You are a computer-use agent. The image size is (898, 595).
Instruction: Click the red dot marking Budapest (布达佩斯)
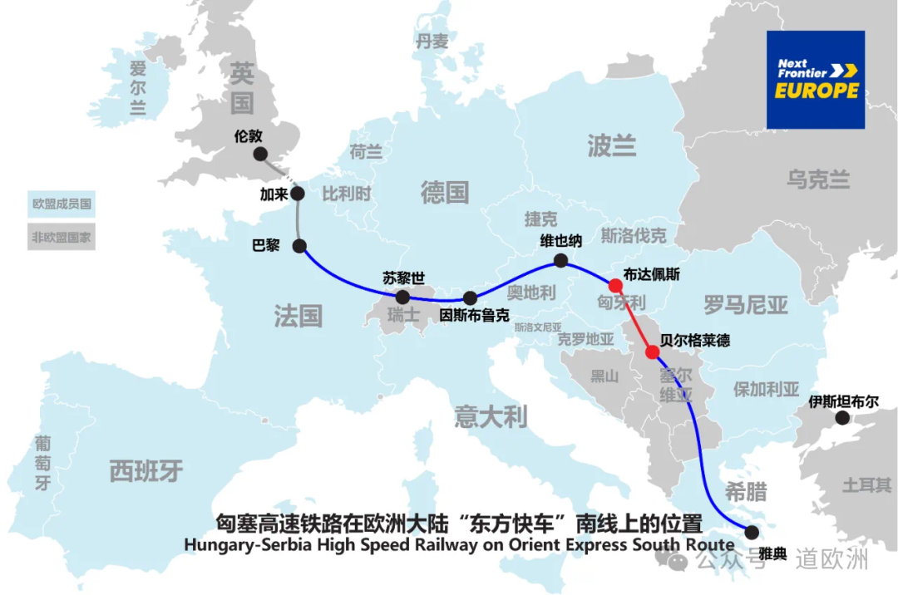(x=615, y=285)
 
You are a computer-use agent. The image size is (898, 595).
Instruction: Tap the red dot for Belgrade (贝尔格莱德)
(x=653, y=352)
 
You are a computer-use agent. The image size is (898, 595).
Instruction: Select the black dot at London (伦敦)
(x=260, y=154)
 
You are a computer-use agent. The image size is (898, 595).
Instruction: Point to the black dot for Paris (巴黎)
(x=299, y=246)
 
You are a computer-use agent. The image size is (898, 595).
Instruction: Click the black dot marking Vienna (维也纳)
(x=560, y=261)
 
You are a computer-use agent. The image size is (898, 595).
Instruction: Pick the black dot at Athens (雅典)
(x=752, y=532)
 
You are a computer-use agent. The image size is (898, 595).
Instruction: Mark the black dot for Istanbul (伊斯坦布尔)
(x=841, y=421)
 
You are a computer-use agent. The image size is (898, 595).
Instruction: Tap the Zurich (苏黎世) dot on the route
(x=402, y=297)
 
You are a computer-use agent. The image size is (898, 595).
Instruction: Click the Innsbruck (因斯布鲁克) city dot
(x=470, y=297)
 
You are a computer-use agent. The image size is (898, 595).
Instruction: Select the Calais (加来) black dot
(x=298, y=194)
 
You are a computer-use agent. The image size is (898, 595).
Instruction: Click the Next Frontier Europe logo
(x=816, y=80)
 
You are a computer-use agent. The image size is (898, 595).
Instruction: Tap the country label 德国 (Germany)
(x=445, y=193)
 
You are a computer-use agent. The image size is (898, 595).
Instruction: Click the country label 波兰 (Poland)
(x=611, y=146)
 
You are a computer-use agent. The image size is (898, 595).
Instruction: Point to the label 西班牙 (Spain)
(x=146, y=471)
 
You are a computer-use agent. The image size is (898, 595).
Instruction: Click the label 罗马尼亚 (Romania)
(x=745, y=305)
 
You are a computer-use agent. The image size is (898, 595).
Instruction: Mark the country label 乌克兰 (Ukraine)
(x=818, y=179)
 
